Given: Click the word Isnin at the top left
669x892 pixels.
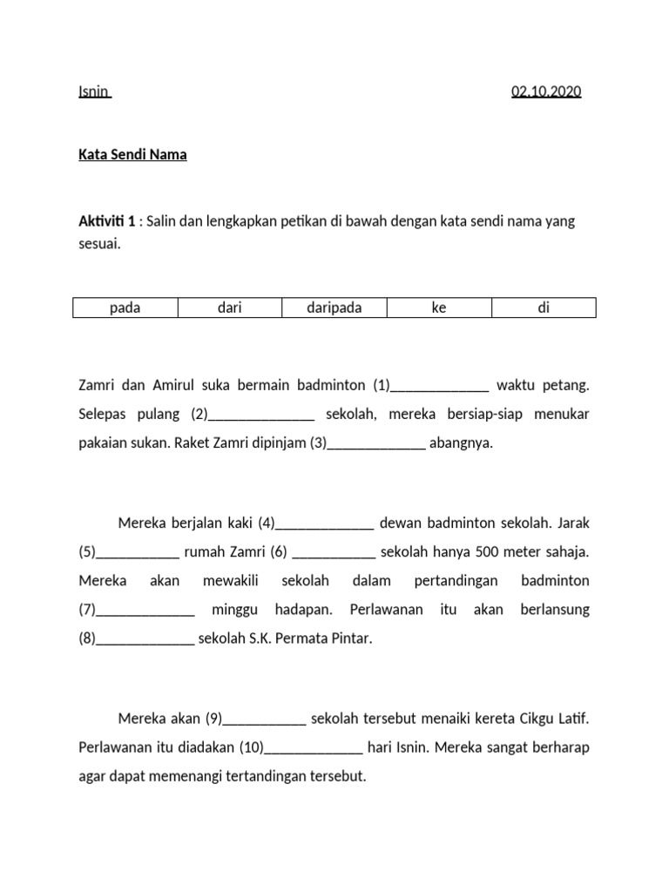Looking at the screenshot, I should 94,91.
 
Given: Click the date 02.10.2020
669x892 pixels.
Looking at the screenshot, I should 546,91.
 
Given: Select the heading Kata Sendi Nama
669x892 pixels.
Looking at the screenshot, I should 132,156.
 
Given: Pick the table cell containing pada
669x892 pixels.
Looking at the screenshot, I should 125,308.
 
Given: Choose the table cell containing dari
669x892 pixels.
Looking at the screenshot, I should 230,308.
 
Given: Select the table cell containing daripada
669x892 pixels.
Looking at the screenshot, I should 334,308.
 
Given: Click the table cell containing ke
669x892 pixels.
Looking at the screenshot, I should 439,308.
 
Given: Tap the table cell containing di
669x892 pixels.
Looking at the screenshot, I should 544,308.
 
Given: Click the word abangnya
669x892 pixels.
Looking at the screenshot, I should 462,443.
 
